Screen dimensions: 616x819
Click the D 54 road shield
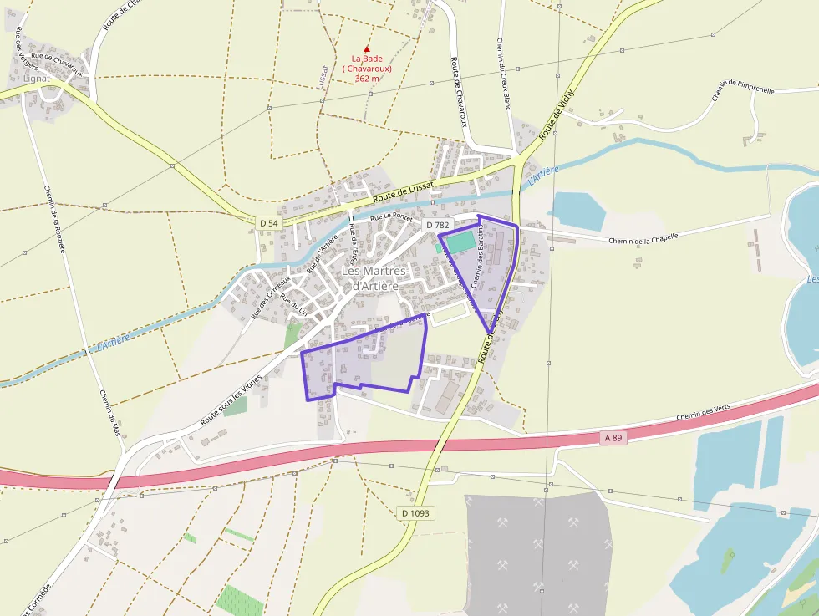(268, 223)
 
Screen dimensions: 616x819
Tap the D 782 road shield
(437, 225)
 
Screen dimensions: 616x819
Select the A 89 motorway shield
(613, 438)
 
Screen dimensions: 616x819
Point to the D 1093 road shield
(415, 513)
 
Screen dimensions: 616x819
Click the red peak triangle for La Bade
(366, 49)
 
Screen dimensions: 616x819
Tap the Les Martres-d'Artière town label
(374, 278)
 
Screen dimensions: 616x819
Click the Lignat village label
(37, 78)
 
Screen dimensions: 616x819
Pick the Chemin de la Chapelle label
(643, 238)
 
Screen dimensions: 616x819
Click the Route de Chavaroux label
(458, 92)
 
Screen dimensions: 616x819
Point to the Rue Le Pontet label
(392, 218)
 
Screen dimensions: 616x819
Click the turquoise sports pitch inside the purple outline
(460, 242)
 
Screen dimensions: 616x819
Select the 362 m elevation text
(367, 78)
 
